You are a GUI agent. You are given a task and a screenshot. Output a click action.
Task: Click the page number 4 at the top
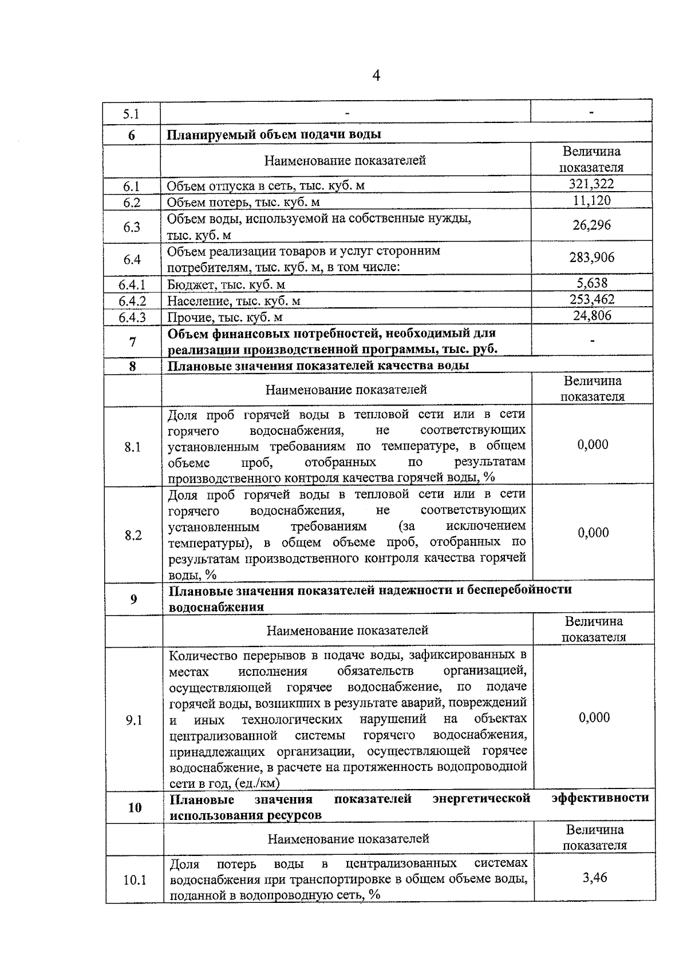click(x=376, y=76)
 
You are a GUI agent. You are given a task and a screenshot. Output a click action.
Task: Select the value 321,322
click(x=591, y=184)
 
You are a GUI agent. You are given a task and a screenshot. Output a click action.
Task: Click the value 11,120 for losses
click(x=592, y=200)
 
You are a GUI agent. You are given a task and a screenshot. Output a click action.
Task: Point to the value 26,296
click(x=592, y=225)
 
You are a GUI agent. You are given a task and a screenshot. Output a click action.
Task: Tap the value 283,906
click(x=592, y=257)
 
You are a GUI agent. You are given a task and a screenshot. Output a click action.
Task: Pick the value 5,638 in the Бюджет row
click(x=593, y=283)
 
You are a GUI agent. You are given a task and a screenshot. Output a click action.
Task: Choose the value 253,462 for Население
click(x=592, y=299)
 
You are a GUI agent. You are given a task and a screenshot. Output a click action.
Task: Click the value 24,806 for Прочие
click(x=593, y=315)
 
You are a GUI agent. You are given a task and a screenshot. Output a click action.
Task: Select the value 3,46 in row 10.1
click(x=595, y=877)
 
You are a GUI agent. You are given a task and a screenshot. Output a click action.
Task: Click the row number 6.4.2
click(x=132, y=301)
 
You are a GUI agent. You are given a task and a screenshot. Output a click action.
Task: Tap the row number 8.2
click(x=133, y=535)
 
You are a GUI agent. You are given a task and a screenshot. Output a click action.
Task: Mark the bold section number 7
click(x=133, y=342)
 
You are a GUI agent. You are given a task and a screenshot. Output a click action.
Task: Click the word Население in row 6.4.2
click(x=195, y=301)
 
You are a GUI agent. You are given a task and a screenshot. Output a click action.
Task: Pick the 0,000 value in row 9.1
click(x=594, y=718)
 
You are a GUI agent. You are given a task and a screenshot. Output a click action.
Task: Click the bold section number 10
click(x=135, y=807)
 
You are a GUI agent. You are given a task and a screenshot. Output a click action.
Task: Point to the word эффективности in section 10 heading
click(x=600, y=798)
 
